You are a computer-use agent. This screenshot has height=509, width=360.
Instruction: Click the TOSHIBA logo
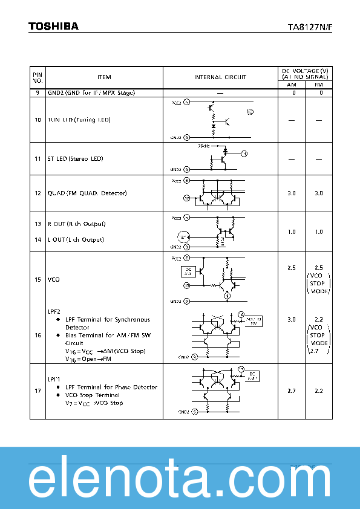coord(53,26)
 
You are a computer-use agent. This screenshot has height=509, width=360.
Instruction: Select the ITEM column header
coord(104,77)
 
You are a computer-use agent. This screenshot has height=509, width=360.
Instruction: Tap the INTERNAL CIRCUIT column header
coord(220,77)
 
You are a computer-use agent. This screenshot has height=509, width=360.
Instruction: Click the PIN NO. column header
coord(38,77)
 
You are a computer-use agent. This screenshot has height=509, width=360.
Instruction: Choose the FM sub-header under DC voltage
coord(319,85)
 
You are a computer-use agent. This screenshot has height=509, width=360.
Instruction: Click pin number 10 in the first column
coord(38,120)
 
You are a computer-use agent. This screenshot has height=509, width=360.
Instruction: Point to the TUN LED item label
coord(79,120)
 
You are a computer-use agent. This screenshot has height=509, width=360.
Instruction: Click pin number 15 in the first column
coord(38,280)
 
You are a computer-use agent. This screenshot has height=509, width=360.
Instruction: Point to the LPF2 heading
coord(54,311)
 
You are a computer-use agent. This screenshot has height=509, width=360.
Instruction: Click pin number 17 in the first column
coord(38,391)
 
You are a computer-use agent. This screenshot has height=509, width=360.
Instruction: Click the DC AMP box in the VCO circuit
coord(188,271)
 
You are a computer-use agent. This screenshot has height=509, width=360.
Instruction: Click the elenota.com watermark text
coord(180,481)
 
